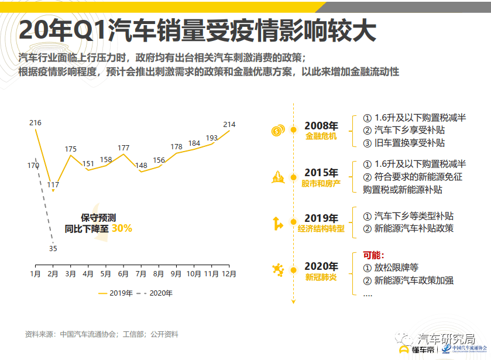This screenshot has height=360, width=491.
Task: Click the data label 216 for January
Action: coord(35,123)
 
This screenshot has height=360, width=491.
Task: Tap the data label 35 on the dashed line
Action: coord(53,249)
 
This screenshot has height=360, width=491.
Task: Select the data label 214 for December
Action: coord(229,124)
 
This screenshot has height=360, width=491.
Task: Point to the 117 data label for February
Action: coord(53,185)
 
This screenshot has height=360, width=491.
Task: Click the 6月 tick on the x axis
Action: coord(123,273)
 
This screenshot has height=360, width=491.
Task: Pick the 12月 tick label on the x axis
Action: coord(228,273)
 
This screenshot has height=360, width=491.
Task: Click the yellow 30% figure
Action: coord(122,228)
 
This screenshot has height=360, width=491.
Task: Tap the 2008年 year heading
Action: coord(321,126)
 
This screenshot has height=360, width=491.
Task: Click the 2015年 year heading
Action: coord(321,173)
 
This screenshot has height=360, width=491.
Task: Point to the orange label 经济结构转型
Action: coord(321,229)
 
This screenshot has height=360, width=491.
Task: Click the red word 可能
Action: coord(373,255)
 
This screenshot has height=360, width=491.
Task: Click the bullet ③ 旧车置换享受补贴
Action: coord(404,142)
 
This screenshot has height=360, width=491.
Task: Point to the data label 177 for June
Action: coord(123,148)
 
